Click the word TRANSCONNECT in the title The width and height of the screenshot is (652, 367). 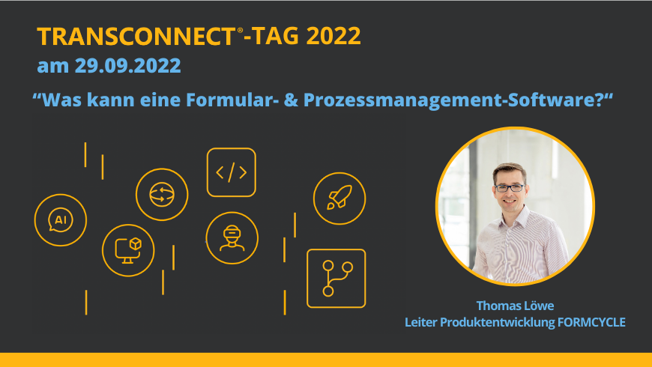(136, 36)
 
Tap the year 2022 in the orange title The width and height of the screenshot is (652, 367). (333, 36)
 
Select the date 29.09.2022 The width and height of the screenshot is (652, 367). (128, 66)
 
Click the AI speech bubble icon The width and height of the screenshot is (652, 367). (61, 220)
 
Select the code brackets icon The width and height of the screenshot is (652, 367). (231, 172)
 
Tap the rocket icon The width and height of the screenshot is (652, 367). (339, 198)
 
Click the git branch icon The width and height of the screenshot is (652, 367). (336, 279)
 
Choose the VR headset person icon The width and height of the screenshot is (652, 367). (232, 238)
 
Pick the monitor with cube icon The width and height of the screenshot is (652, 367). (128, 251)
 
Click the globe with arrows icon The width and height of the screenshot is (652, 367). (162, 195)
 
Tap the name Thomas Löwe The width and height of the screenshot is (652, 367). (515, 306)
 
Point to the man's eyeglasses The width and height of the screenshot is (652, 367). (510, 188)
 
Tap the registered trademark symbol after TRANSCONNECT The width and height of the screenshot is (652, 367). (240, 31)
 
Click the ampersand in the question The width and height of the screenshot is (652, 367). (291, 100)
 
